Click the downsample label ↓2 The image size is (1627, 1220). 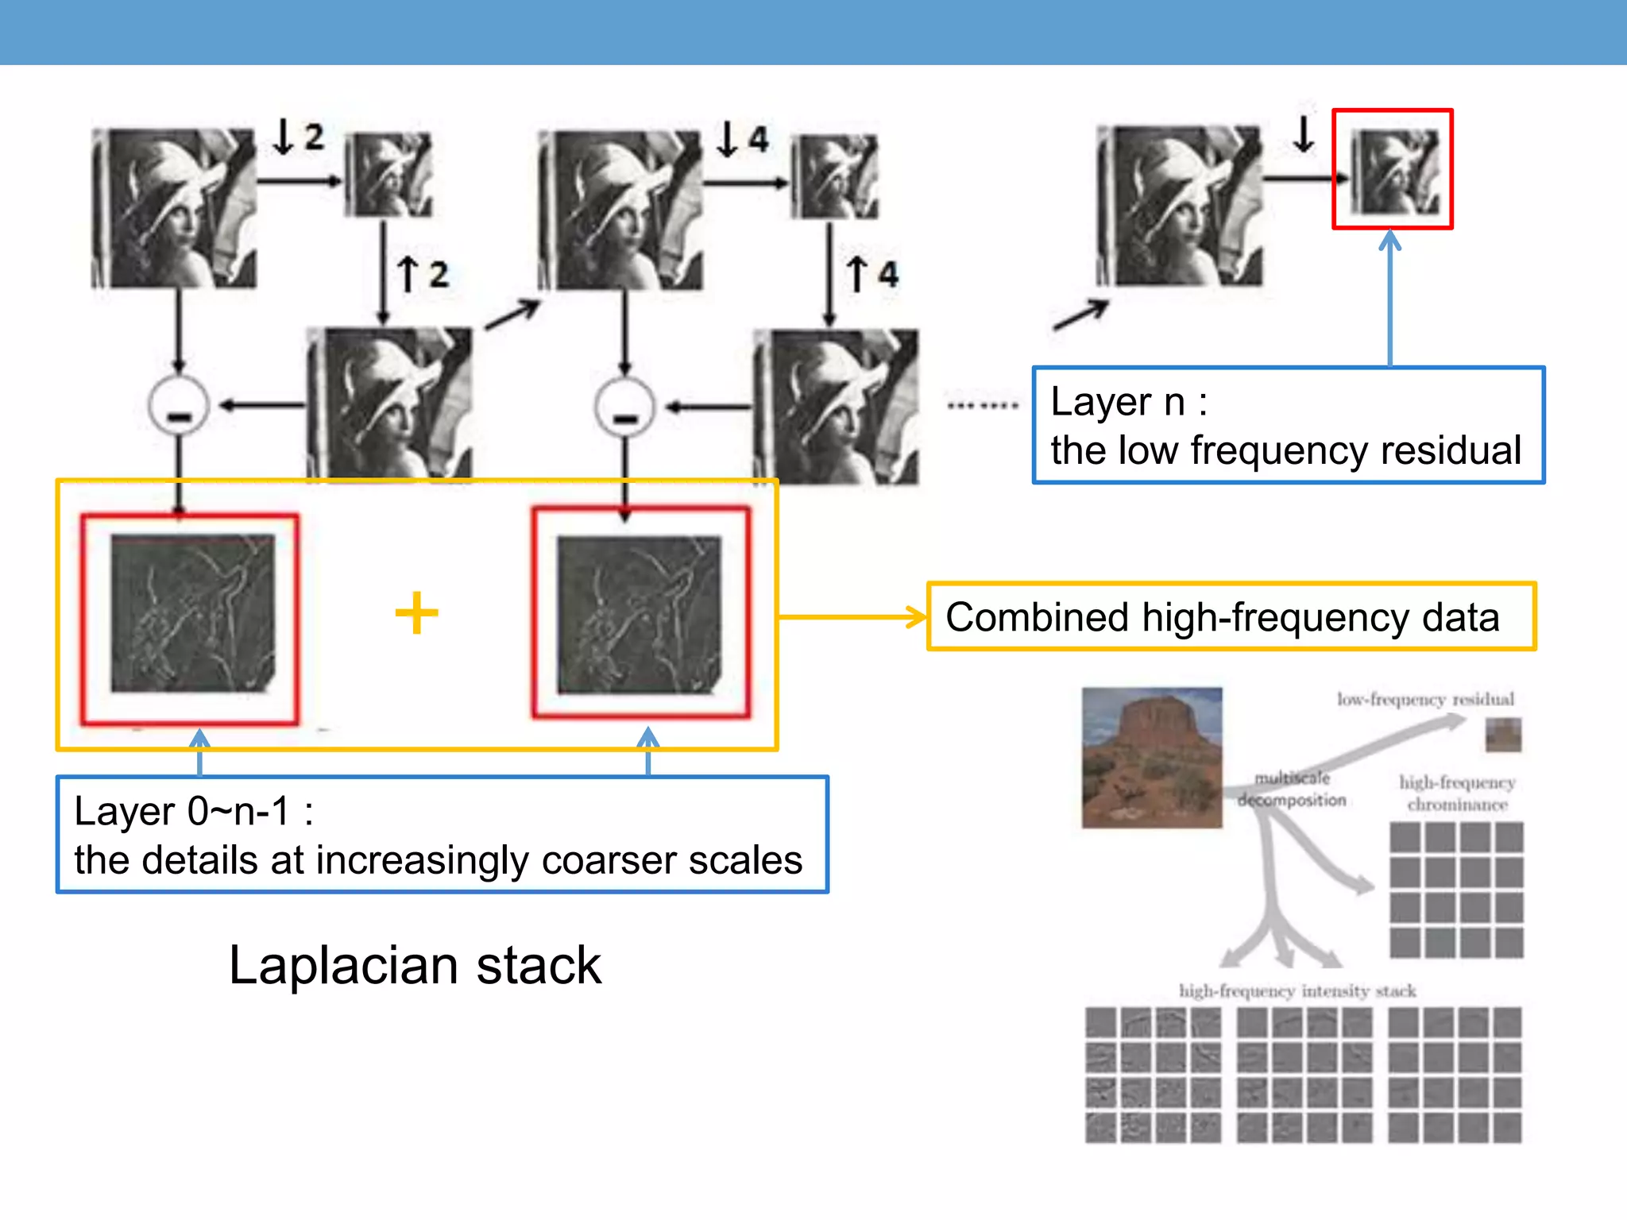(299, 137)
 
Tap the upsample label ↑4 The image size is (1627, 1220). (872, 275)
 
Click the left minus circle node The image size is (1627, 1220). (179, 406)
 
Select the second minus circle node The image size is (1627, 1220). (624, 407)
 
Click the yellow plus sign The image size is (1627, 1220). (416, 613)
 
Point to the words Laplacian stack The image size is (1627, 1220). (415, 966)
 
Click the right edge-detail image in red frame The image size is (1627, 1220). (640, 614)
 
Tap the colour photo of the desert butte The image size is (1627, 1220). (1152, 758)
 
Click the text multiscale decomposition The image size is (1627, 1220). (1292, 790)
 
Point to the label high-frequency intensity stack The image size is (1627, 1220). (1297, 991)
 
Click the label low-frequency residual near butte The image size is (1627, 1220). (1425, 700)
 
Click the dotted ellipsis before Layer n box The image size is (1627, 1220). (983, 406)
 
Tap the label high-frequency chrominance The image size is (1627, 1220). (1457, 793)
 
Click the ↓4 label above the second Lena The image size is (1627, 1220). (744, 139)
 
